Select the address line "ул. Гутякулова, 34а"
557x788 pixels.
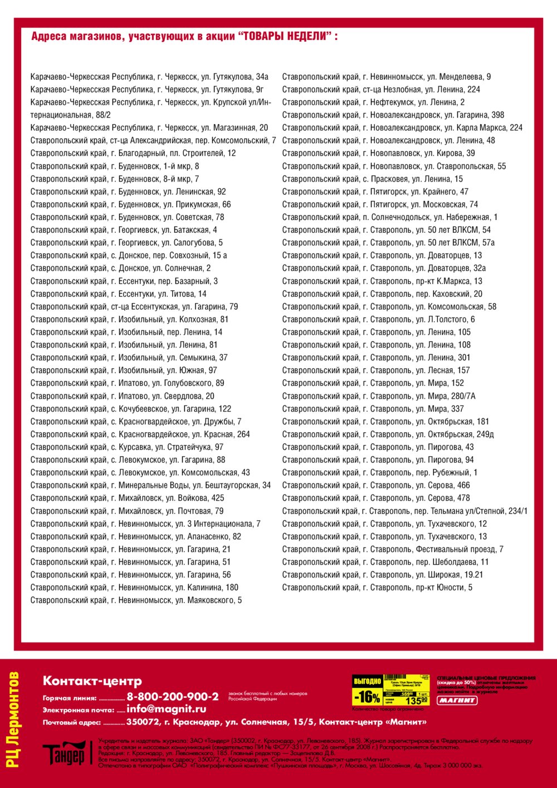[149, 77]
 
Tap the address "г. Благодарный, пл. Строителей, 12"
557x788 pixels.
[133, 153]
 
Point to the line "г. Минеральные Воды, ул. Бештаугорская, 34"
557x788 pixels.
[150, 486]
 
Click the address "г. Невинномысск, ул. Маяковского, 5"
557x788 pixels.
[136, 600]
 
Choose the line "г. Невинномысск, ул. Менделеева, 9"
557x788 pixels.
[387, 77]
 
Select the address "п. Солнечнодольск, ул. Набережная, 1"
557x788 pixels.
[390, 217]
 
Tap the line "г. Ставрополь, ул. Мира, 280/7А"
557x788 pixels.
[379, 396]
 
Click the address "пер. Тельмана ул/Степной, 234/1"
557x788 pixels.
[405, 511]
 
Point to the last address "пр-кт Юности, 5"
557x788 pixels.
[377, 588]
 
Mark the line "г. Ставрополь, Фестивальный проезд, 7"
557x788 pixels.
[393, 549]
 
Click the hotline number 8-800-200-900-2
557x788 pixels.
[173, 697]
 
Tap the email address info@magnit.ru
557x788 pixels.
[166, 709]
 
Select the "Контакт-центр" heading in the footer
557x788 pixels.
[92, 681]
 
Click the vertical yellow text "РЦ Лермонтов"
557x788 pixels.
[13, 720]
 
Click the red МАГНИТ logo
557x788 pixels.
[457, 700]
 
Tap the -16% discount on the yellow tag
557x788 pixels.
[368, 697]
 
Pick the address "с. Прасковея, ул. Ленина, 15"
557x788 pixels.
[372, 179]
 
